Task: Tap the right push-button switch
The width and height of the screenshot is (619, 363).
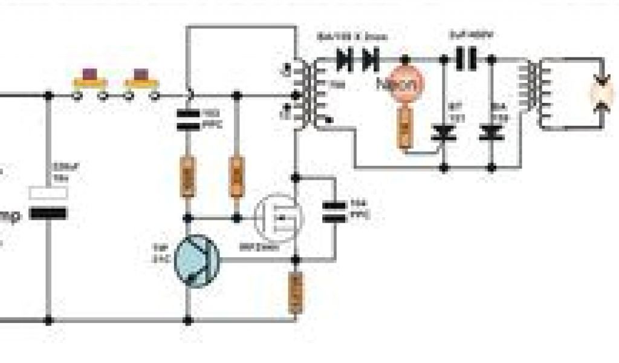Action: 142,82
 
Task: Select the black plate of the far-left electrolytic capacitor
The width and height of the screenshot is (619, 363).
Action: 48,213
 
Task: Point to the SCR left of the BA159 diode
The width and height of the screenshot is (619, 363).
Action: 444,133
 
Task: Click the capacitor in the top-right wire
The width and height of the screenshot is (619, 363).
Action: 467,59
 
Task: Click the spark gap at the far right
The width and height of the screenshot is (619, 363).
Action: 602,94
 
